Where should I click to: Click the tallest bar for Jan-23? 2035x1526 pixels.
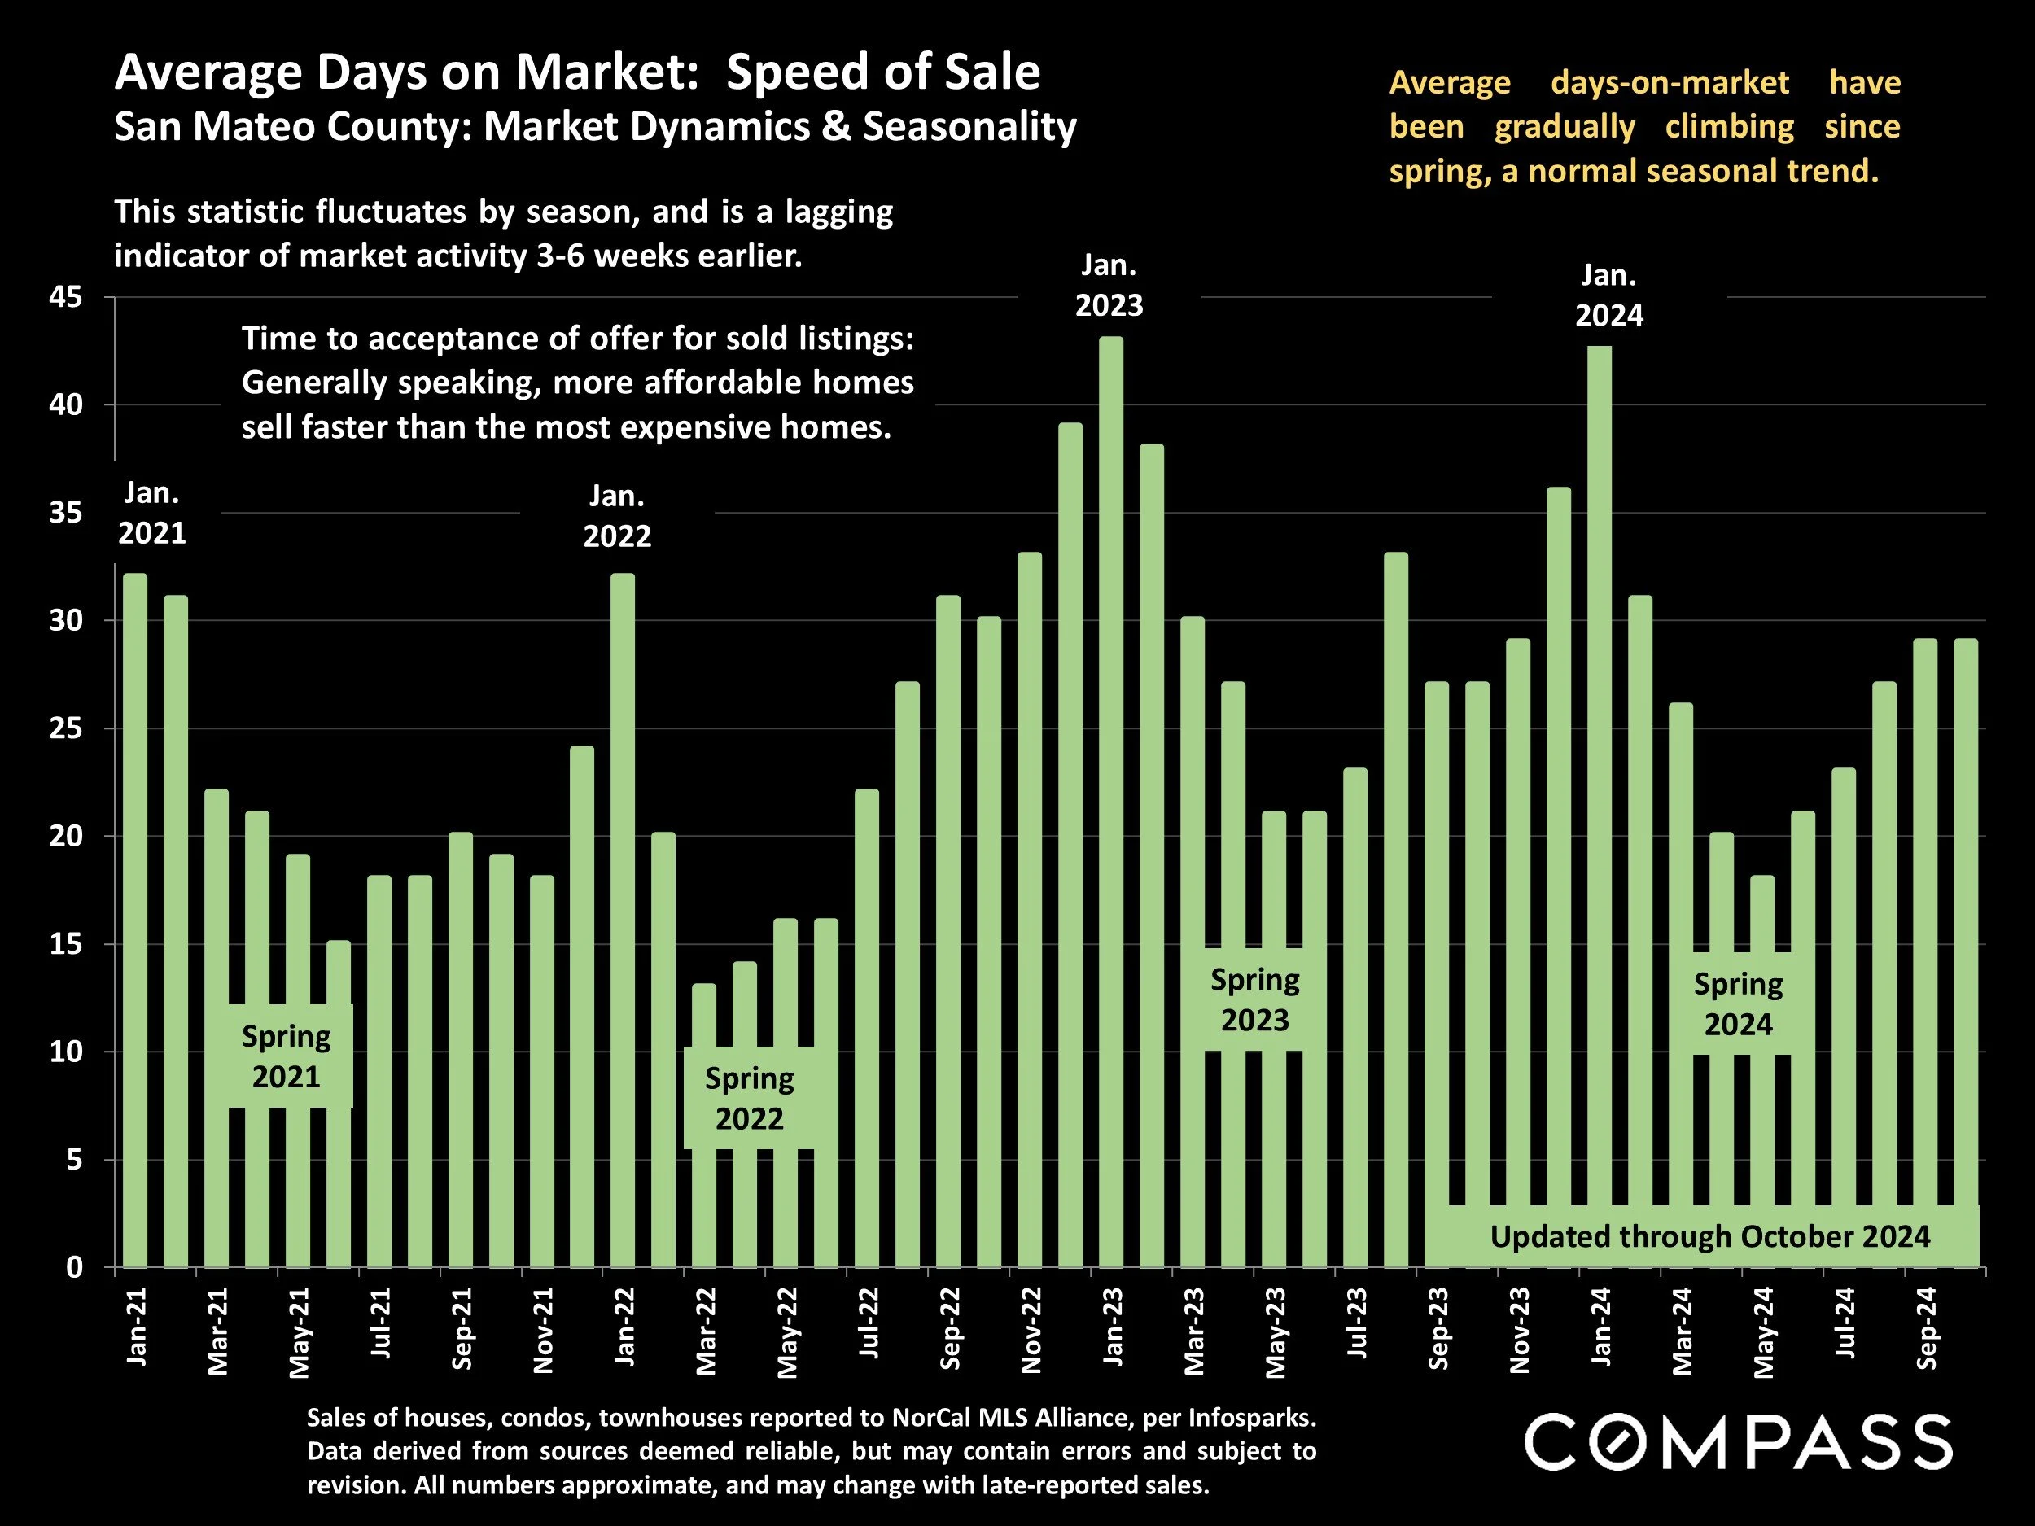pos(1110,800)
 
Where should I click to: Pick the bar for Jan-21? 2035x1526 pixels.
pos(135,920)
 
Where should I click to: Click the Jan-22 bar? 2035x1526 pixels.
pos(623,920)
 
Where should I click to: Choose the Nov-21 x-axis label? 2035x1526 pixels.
pos(543,1329)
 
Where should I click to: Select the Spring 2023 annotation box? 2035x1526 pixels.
pos(1255,1000)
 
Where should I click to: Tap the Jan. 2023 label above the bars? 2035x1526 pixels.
pos(1109,285)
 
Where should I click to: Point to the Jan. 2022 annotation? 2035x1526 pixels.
pos(617,516)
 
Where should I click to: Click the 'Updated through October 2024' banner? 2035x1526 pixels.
pos(1709,1236)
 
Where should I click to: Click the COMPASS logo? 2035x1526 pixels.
pos(1738,1442)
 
